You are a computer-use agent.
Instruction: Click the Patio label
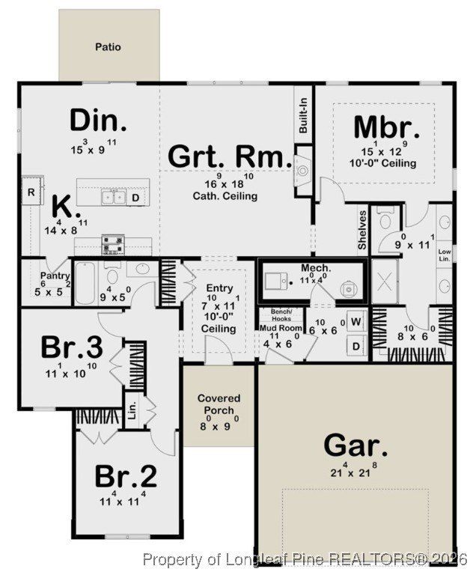click(x=109, y=47)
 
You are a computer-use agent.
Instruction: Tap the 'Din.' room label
click(x=98, y=121)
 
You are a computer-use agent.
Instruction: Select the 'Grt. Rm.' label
click(x=229, y=157)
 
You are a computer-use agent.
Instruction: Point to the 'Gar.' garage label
click(x=355, y=447)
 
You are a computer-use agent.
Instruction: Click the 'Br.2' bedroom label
click(x=125, y=476)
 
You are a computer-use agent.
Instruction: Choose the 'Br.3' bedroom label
click(x=71, y=347)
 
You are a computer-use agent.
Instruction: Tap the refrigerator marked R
click(x=31, y=192)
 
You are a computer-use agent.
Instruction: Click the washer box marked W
click(x=355, y=322)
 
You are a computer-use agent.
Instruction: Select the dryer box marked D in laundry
click(x=355, y=345)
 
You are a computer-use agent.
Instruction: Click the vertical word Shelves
click(x=361, y=229)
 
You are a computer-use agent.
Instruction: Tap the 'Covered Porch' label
click(x=219, y=404)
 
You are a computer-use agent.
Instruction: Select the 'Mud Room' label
click(x=280, y=328)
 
